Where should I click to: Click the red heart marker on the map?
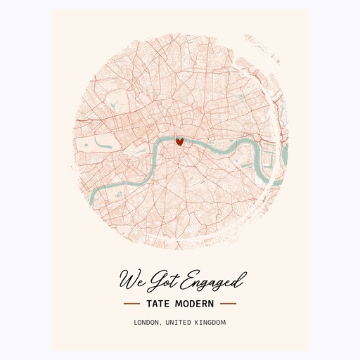tap(179, 141)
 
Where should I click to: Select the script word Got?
tap(165, 279)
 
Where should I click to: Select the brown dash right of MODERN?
tap(228, 304)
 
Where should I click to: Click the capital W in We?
tap(129, 278)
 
